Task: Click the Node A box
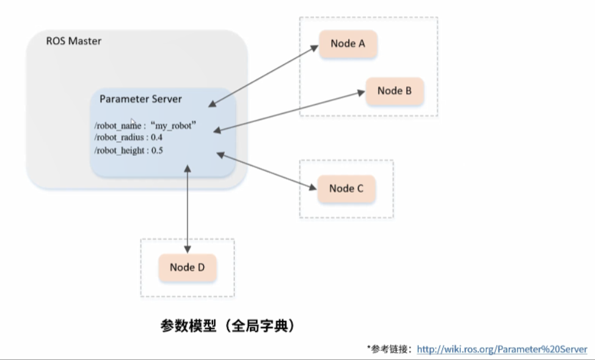click(x=347, y=43)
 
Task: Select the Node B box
click(x=394, y=91)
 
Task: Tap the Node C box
click(x=346, y=188)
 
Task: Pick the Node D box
click(x=187, y=267)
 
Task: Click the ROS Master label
click(x=74, y=42)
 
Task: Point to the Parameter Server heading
click(x=141, y=98)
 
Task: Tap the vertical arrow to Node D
click(x=188, y=208)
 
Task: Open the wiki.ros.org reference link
click(x=502, y=349)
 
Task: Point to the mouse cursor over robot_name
click(x=133, y=122)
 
